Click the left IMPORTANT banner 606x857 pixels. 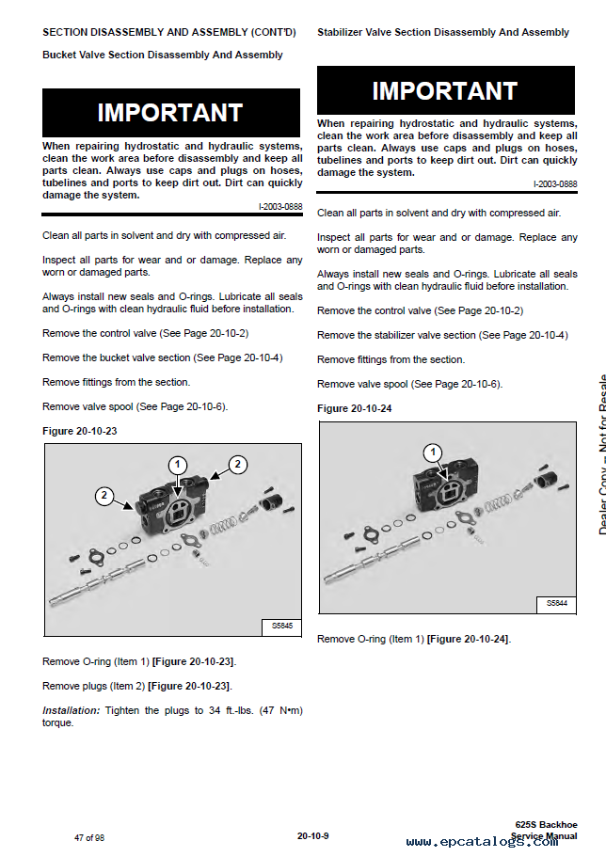170,113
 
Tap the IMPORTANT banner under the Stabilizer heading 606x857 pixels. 445,91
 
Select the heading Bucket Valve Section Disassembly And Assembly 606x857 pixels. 162,55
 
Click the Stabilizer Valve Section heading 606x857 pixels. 442,32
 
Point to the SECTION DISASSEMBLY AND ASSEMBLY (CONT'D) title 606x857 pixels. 168,32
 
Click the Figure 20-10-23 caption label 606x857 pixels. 80,431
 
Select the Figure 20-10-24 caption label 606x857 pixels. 355,408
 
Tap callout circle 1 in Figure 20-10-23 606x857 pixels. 179,464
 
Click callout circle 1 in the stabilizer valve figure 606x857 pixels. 433,452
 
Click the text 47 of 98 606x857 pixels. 89,836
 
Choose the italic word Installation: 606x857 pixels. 72,709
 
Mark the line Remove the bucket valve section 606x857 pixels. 162,357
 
